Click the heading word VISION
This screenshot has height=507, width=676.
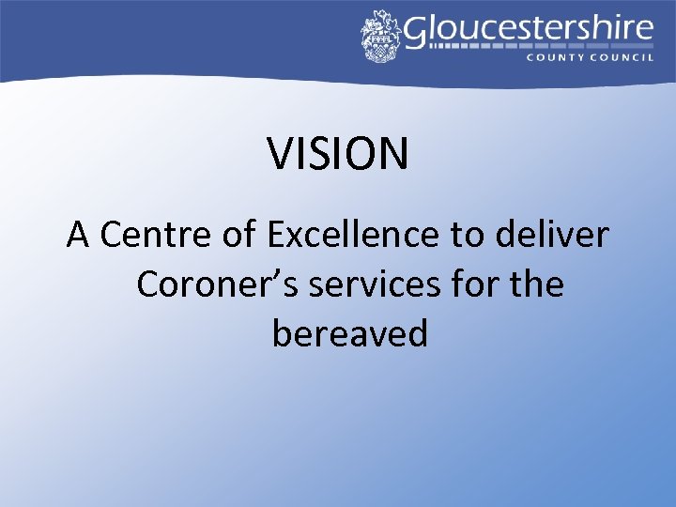[338, 153]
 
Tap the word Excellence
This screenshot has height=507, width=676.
[353, 236]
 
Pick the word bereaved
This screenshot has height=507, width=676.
[349, 333]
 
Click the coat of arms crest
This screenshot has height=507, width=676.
[381, 37]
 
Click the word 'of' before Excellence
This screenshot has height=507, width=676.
[240, 236]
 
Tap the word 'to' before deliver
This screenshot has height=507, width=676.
[465, 236]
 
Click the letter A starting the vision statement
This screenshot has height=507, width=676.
[78, 236]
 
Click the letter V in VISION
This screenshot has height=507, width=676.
[280, 153]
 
